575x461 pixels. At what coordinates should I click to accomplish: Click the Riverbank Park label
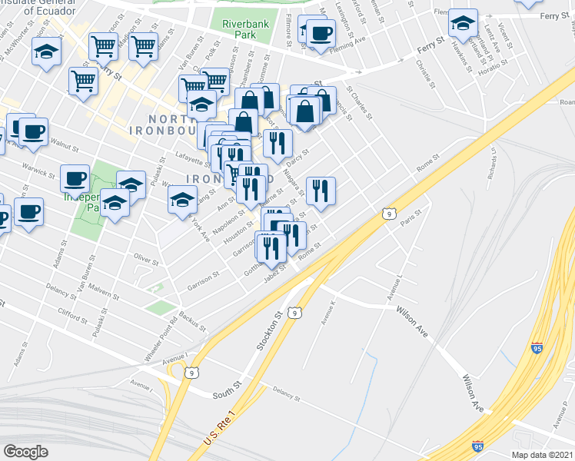click(245, 30)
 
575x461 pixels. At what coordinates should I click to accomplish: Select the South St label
click(227, 393)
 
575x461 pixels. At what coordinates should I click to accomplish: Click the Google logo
click(25, 451)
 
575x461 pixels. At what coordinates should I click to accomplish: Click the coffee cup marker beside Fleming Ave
click(322, 34)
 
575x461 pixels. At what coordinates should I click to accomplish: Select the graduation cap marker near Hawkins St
click(463, 23)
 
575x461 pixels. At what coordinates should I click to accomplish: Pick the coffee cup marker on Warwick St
click(75, 179)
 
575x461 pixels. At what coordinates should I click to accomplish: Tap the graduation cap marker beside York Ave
click(182, 201)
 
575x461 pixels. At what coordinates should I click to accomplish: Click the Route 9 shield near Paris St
click(389, 213)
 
